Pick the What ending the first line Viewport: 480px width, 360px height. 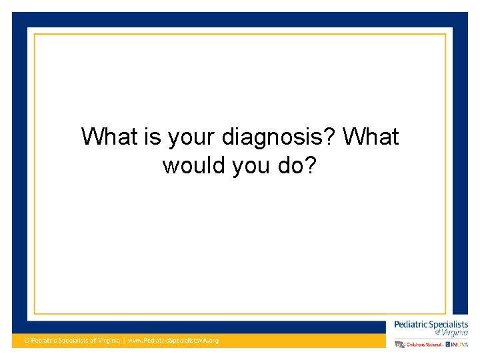371,137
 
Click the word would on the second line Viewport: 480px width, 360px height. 195,165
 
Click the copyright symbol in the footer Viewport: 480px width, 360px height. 27,341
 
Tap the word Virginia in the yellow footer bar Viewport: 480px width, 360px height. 107,341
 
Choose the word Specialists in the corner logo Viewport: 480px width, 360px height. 448,325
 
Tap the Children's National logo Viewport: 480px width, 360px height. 420,344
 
